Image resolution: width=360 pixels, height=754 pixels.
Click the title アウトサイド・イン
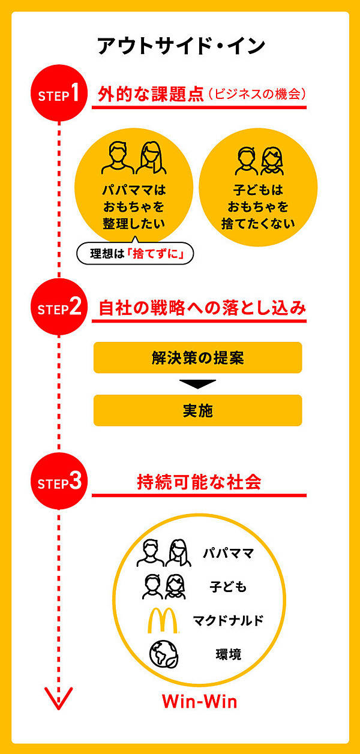(x=181, y=46)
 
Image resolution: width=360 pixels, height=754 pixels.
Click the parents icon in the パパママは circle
(x=134, y=157)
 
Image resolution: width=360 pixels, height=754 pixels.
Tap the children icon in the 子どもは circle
(x=257, y=160)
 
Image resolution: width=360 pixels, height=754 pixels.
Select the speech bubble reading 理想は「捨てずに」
(x=138, y=254)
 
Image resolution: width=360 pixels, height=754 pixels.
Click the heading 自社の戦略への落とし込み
(x=202, y=308)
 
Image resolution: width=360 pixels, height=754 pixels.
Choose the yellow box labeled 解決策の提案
(x=197, y=358)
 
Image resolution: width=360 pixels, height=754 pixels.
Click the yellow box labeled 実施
(x=197, y=410)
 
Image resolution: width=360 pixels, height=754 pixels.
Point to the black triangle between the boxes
(x=197, y=384)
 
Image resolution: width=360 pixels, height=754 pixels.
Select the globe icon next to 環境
(x=163, y=654)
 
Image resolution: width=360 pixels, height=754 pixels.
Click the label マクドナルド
(x=228, y=620)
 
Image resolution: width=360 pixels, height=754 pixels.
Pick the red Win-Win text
(x=199, y=701)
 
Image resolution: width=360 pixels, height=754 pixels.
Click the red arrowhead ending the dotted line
(x=59, y=698)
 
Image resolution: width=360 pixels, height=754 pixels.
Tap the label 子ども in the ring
(x=228, y=587)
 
